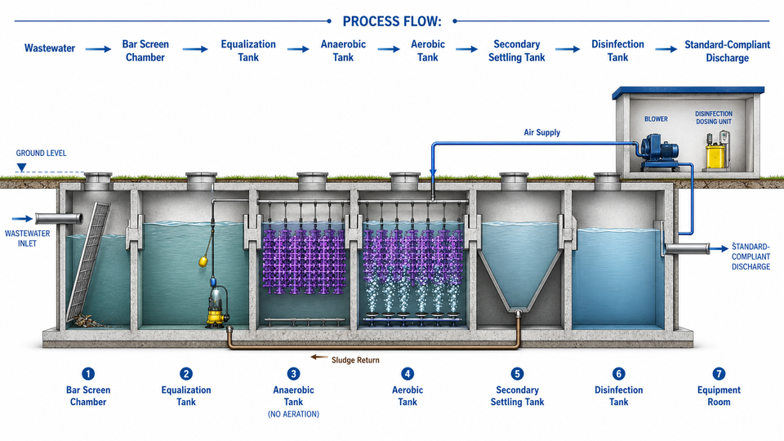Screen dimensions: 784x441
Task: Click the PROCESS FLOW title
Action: click(x=392, y=21)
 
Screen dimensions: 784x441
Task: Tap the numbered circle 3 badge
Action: click(x=293, y=373)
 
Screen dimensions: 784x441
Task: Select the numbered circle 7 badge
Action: click(x=719, y=373)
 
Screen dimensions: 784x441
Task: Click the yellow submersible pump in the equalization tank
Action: click(x=217, y=306)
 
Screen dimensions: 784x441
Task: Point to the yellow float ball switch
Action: click(x=203, y=261)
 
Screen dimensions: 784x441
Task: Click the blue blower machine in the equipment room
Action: click(x=660, y=150)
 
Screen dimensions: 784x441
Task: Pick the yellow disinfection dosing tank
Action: click(x=715, y=155)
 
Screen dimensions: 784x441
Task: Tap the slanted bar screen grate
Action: click(x=88, y=261)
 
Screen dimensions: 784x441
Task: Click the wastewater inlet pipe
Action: click(x=59, y=219)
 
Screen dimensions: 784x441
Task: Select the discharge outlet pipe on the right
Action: click(x=686, y=248)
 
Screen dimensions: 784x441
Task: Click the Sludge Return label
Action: click(x=355, y=360)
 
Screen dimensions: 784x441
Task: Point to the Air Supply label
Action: click(x=542, y=132)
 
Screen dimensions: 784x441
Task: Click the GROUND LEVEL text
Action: click(x=41, y=153)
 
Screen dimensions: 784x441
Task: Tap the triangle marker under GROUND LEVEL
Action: click(x=21, y=167)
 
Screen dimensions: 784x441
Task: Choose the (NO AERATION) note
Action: click(x=293, y=414)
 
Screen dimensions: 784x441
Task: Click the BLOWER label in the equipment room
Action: click(x=656, y=119)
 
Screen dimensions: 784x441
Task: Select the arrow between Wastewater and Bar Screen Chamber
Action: click(x=98, y=49)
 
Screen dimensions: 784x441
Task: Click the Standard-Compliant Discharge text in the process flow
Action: click(x=727, y=51)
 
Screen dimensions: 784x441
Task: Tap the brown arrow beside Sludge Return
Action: click(x=319, y=358)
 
